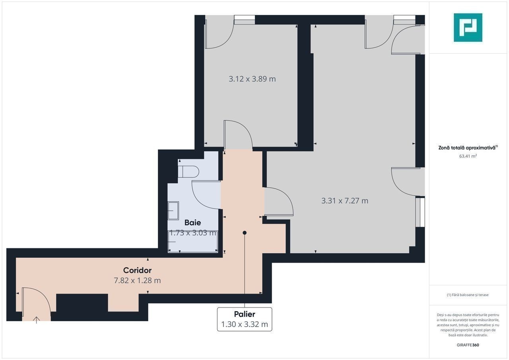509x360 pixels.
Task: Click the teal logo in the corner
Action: (x=468, y=27)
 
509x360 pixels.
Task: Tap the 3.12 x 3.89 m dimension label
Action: (x=252, y=79)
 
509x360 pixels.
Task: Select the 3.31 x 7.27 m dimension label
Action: (x=345, y=201)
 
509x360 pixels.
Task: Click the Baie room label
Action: (x=193, y=223)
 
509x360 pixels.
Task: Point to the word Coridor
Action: (x=137, y=270)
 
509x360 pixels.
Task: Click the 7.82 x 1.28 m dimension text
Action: (x=137, y=281)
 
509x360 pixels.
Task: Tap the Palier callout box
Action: (x=245, y=319)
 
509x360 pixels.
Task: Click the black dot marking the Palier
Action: (x=245, y=233)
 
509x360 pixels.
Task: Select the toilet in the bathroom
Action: (x=188, y=172)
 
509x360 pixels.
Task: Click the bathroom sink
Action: (x=173, y=211)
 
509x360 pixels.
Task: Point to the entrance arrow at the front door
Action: (x=36, y=320)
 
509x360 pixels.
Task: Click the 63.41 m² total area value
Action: (x=468, y=156)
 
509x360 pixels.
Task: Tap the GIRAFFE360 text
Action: (x=468, y=345)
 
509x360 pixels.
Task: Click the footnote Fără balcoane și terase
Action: (x=468, y=295)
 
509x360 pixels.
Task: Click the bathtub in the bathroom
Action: (x=193, y=242)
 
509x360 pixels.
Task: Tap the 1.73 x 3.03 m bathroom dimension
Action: (x=193, y=233)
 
